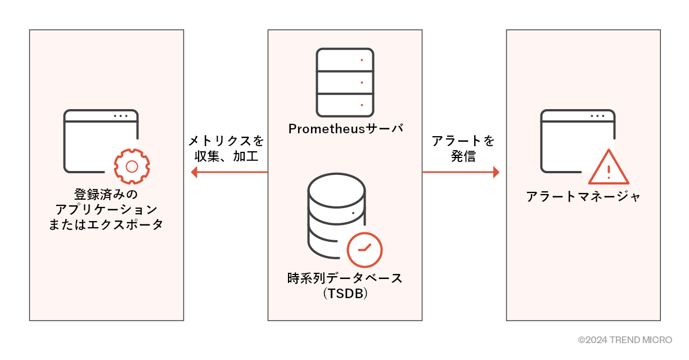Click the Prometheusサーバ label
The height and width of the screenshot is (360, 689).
[x=345, y=128]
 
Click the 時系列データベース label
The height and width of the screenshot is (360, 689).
[x=345, y=278]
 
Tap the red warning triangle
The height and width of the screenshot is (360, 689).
[x=609, y=168]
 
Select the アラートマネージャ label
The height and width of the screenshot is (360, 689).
[x=583, y=196]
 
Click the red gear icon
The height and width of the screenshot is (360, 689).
[x=132, y=166]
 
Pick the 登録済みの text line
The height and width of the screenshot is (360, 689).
[x=106, y=195]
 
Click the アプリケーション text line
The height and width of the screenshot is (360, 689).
[x=106, y=209]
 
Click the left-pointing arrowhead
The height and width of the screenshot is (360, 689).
[x=195, y=172]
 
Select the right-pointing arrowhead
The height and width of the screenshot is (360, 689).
[x=496, y=172]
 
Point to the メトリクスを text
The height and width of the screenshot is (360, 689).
[x=226, y=141]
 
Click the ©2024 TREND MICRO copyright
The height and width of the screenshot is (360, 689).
[x=625, y=340]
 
